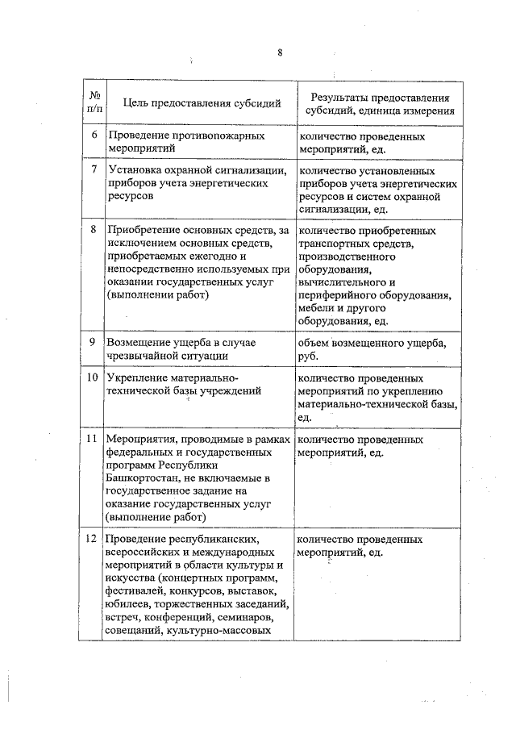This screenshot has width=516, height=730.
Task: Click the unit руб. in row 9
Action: click(x=308, y=357)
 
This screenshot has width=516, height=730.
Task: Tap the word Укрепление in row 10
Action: click(x=134, y=378)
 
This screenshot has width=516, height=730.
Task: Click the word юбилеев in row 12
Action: click(x=127, y=603)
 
